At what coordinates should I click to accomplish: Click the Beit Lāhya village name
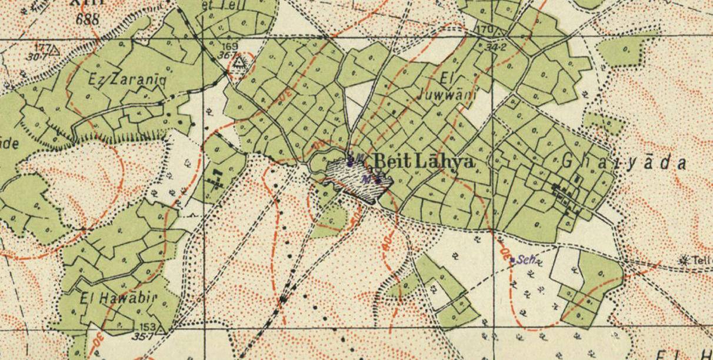[424, 161]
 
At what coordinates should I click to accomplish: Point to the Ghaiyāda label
[624, 162]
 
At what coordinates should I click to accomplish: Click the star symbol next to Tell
[684, 259]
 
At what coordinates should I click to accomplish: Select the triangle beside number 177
[55, 50]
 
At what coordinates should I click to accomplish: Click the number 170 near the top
[484, 29]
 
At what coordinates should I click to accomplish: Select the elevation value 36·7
[229, 55]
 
